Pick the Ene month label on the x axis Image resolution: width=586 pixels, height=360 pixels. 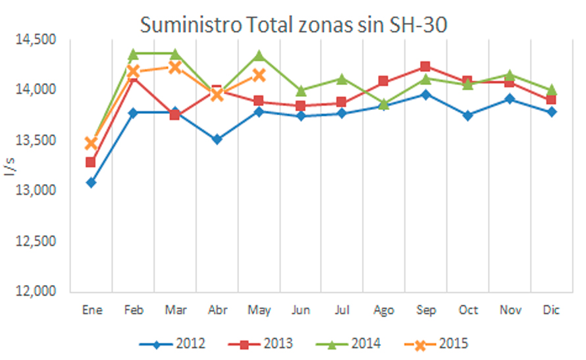click(x=91, y=311)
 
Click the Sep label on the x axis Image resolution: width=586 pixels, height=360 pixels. click(x=425, y=311)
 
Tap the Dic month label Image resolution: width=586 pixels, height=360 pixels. click(x=551, y=311)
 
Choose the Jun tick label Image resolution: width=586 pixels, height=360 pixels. click(x=300, y=311)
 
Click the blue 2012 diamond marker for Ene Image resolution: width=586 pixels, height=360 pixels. click(x=91, y=182)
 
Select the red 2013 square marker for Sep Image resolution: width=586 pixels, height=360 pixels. click(x=425, y=66)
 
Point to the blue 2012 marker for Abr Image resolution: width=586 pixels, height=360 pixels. click(x=217, y=139)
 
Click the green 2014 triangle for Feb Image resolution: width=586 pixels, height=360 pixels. click(x=133, y=53)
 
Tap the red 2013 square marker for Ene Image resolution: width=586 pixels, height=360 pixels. click(x=91, y=162)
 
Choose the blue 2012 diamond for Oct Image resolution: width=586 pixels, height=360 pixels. click(x=467, y=115)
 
